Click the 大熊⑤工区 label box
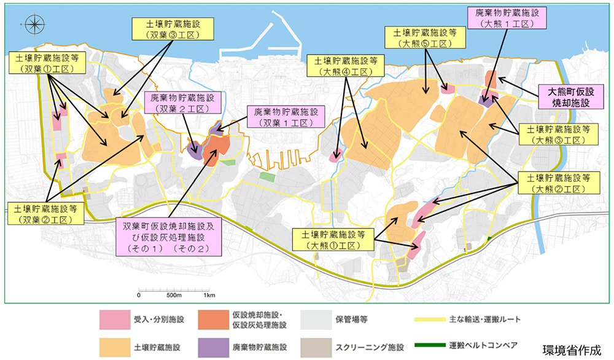coord(422,38)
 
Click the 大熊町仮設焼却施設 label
coord(568,97)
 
